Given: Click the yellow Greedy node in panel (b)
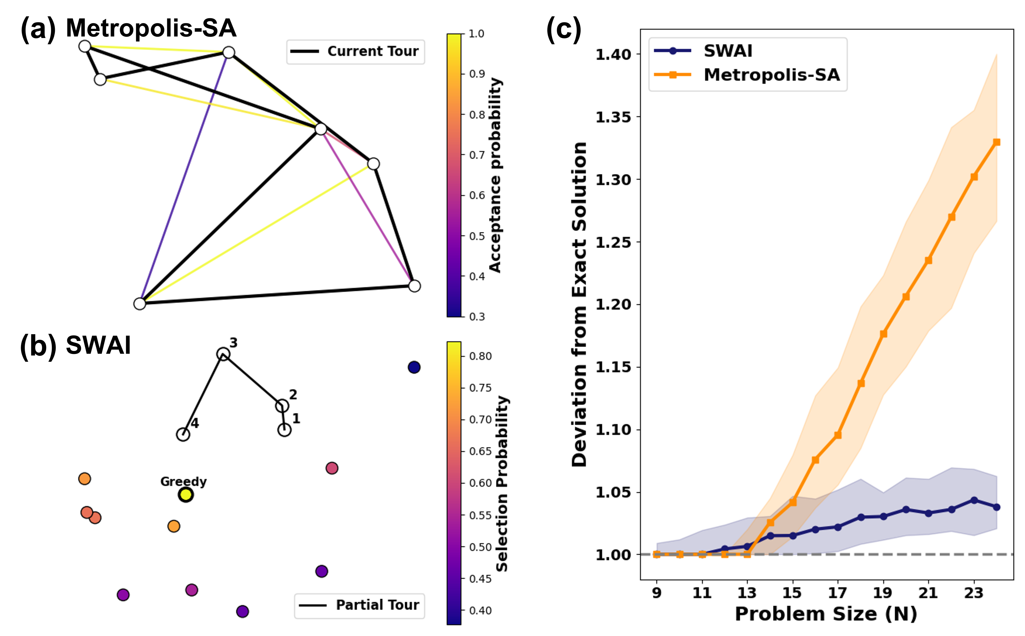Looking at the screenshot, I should tap(186, 495).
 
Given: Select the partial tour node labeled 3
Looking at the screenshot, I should tap(223, 354).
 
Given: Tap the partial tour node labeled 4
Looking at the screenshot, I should tap(183, 434).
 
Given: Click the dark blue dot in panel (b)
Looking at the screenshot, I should tap(414, 367).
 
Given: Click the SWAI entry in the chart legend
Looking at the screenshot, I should tap(728, 51).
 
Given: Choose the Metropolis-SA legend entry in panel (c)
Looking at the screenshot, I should tap(772, 75).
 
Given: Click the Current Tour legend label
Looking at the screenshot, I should tap(373, 51).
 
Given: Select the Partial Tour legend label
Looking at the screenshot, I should tap(377, 605).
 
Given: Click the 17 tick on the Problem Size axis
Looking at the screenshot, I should tap(838, 593).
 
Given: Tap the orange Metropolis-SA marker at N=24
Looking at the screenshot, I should tap(996, 142).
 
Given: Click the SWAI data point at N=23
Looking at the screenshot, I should tap(974, 500).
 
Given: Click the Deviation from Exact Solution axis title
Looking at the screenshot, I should tap(579, 304).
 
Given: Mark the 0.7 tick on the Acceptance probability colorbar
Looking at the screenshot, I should tap(477, 155).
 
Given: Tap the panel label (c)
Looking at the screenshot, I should tap(563, 29).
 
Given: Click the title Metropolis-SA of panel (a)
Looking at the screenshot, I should tap(151, 28).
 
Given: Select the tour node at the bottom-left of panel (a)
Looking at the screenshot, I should tap(139, 303).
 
